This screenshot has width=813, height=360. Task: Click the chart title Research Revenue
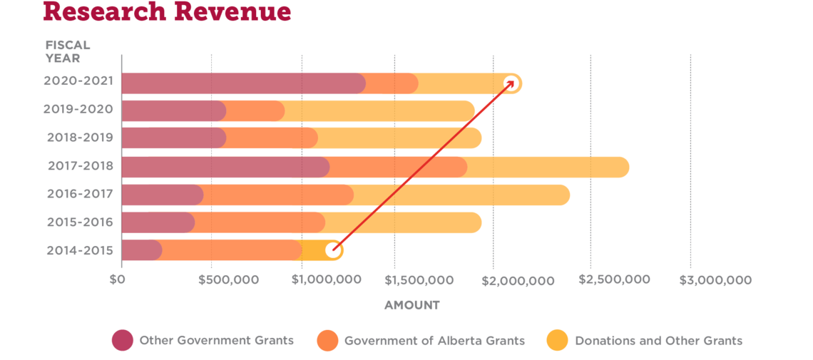(167, 11)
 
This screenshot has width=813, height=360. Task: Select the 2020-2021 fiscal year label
(78, 81)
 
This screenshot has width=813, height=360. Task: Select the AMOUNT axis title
(412, 305)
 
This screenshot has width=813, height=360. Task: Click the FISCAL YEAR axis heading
(68, 51)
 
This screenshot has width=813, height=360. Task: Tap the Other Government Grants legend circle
(122, 341)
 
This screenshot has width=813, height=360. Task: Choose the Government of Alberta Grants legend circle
(327, 341)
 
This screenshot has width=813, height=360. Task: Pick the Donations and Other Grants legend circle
(558, 341)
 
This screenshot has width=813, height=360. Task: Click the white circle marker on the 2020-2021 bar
(511, 83)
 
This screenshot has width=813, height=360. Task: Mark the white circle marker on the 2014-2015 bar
(332, 250)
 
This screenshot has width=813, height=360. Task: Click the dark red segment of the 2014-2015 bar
(140, 250)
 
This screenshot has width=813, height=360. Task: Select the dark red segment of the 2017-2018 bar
(225, 167)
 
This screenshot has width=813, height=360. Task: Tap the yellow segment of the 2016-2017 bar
(460, 195)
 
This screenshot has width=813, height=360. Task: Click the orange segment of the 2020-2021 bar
(392, 83)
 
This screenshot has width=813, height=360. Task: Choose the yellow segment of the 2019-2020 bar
(378, 111)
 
